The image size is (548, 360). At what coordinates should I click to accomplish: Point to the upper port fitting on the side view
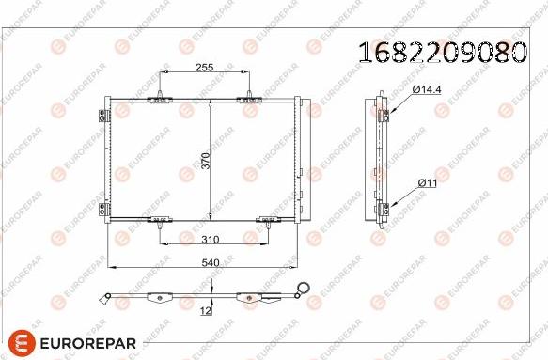(x=384, y=116)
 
